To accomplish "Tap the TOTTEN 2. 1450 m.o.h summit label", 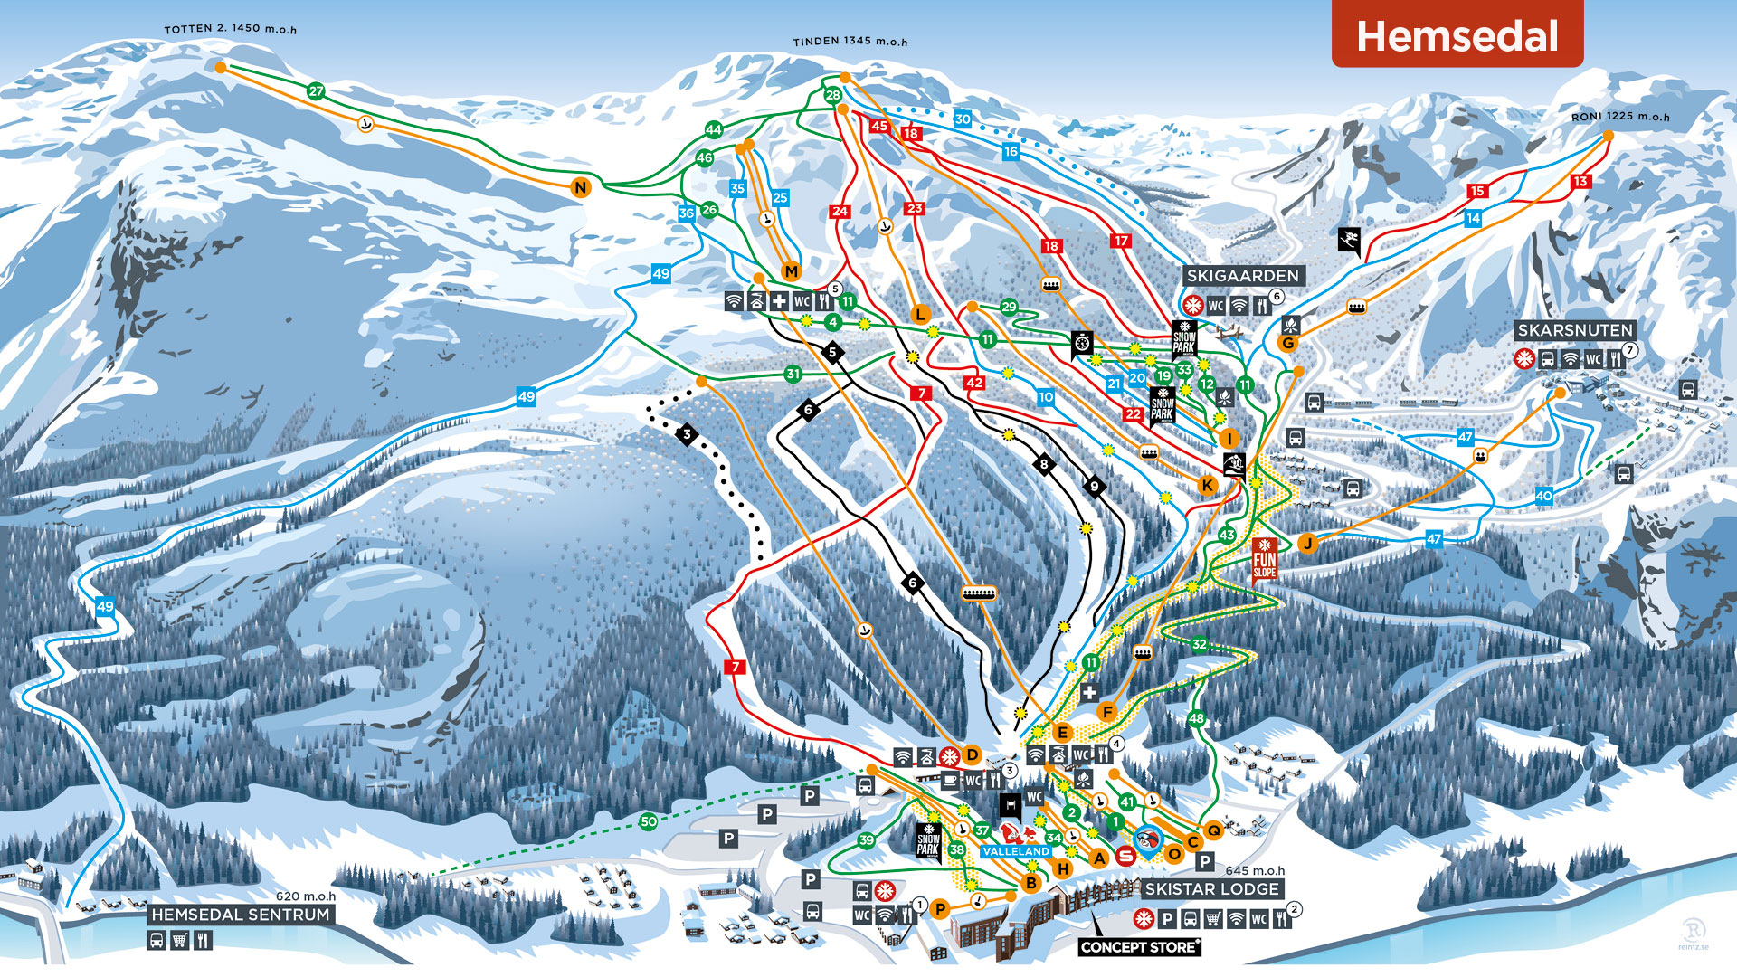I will [x=230, y=29].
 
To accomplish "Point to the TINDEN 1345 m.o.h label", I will [x=850, y=42].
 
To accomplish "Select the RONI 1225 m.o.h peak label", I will [x=1619, y=117].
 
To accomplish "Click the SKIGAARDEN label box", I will [x=1242, y=276].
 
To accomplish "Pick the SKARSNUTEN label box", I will [x=1575, y=330].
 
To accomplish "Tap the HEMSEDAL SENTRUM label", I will [x=241, y=915].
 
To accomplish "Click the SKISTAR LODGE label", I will [x=1211, y=889].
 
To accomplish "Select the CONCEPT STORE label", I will [x=1139, y=947].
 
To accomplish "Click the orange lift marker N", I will [x=581, y=187].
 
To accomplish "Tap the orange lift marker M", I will [x=792, y=271].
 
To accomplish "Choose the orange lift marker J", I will [x=1306, y=543].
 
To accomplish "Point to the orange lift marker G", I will [x=1287, y=343].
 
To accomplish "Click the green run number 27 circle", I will [x=316, y=91].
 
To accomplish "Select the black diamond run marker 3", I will [x=688, y=435].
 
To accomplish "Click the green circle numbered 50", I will [x=648, y=821].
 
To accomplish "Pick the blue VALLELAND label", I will [x=1016, y=851].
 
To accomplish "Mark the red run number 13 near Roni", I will [x=1580, y=181].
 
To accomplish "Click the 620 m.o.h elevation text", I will [x=305, y=896].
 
